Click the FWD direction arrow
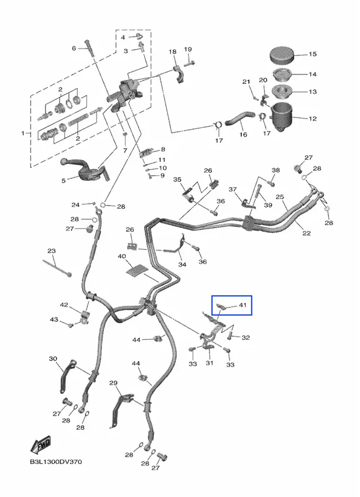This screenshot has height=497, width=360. pos(40,445)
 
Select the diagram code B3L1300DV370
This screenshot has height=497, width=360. pos(56,462)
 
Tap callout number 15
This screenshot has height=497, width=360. pos(312,54)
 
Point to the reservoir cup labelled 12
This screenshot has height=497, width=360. pos(281,116)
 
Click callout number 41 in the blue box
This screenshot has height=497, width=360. pos(242,305)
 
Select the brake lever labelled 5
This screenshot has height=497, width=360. pos(86,170)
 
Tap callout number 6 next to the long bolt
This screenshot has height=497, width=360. pos(74,48)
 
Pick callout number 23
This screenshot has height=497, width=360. pos(52,251)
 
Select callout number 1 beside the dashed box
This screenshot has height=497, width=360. pos(23,134)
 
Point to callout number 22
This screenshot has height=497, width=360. pos(307,233)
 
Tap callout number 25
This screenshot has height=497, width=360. pos(279,197)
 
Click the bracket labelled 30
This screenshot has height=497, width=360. pos(68,376)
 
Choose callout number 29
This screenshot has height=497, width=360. pos(113,383)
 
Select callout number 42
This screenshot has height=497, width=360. pos(64,305)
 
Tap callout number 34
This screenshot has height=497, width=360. pos(182,265)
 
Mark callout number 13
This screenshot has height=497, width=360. pos(312,91)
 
